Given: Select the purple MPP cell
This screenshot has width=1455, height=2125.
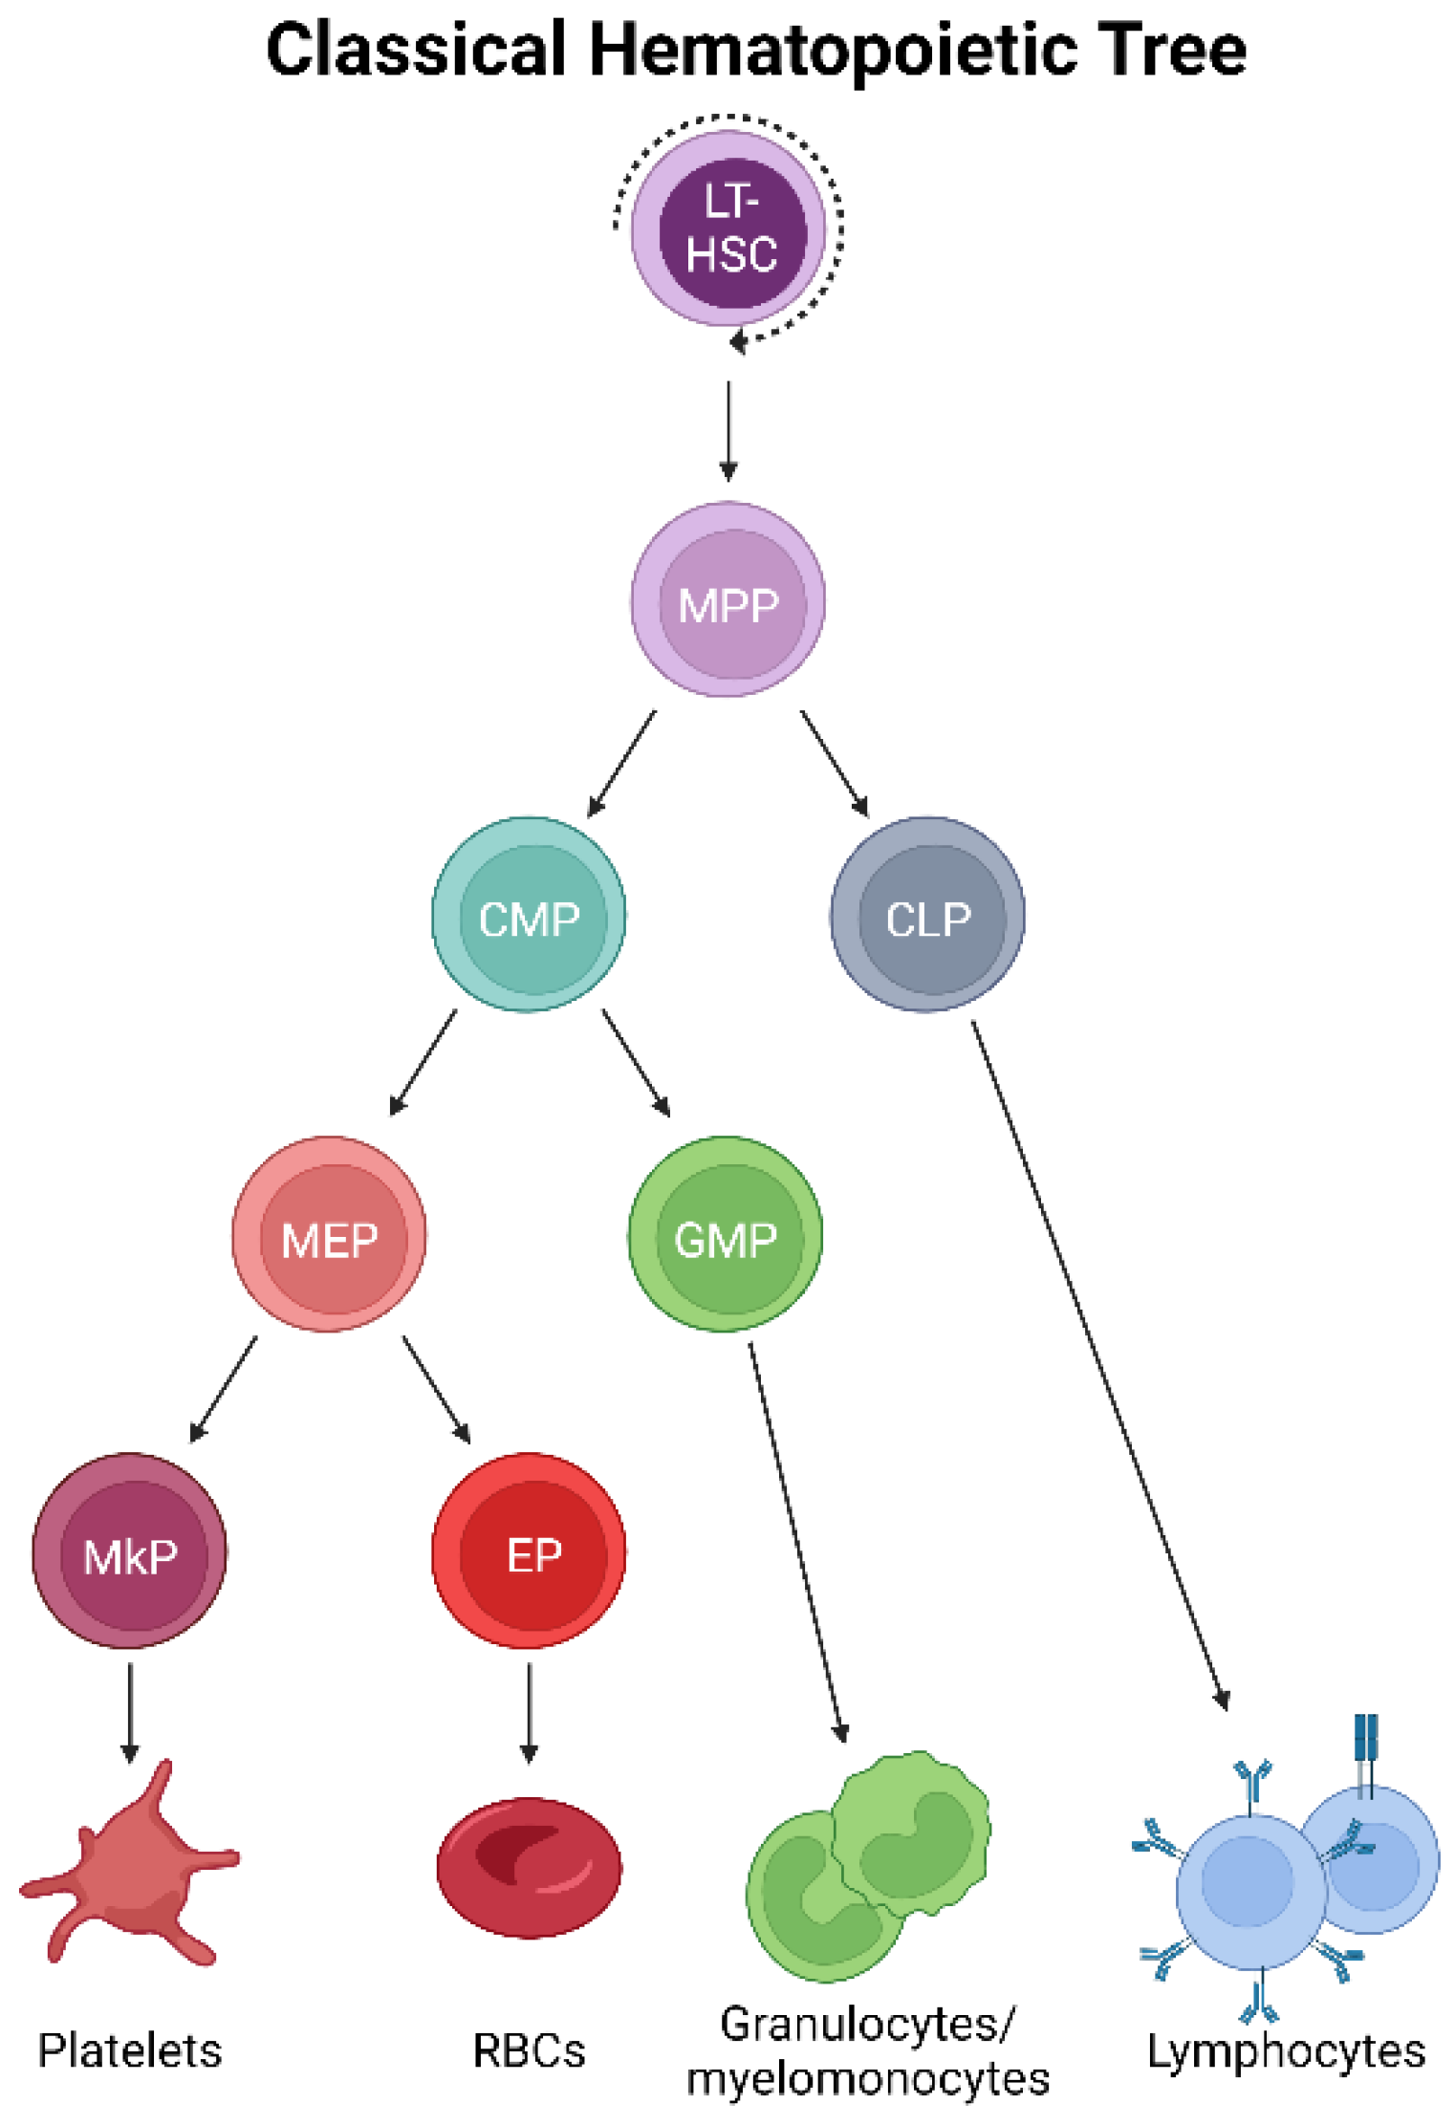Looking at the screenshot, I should (x=728, y=601).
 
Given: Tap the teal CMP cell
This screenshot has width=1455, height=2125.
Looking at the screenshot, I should (x=529, y=915).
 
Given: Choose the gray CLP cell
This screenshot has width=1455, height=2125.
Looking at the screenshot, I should (x=927, y=915).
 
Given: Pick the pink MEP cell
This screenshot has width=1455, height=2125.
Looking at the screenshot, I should (x=330, y=1234).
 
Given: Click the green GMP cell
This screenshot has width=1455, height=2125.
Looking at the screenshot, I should (x=726, y=1234).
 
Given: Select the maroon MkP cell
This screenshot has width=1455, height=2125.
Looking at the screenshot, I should (x=130, y=1551).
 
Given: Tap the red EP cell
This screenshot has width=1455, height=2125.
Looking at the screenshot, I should (x=529, y=1551).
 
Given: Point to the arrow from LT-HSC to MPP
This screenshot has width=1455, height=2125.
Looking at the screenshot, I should (x=728, y=430).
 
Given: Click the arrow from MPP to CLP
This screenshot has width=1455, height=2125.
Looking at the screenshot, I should (x=835, y=764).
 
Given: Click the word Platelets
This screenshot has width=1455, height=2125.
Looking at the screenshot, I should (x=130, y=2050).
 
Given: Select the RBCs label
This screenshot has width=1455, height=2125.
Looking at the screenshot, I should (x=529, y=2050).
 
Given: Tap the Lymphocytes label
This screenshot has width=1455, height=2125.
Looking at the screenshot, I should (x=1286, y=2050).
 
